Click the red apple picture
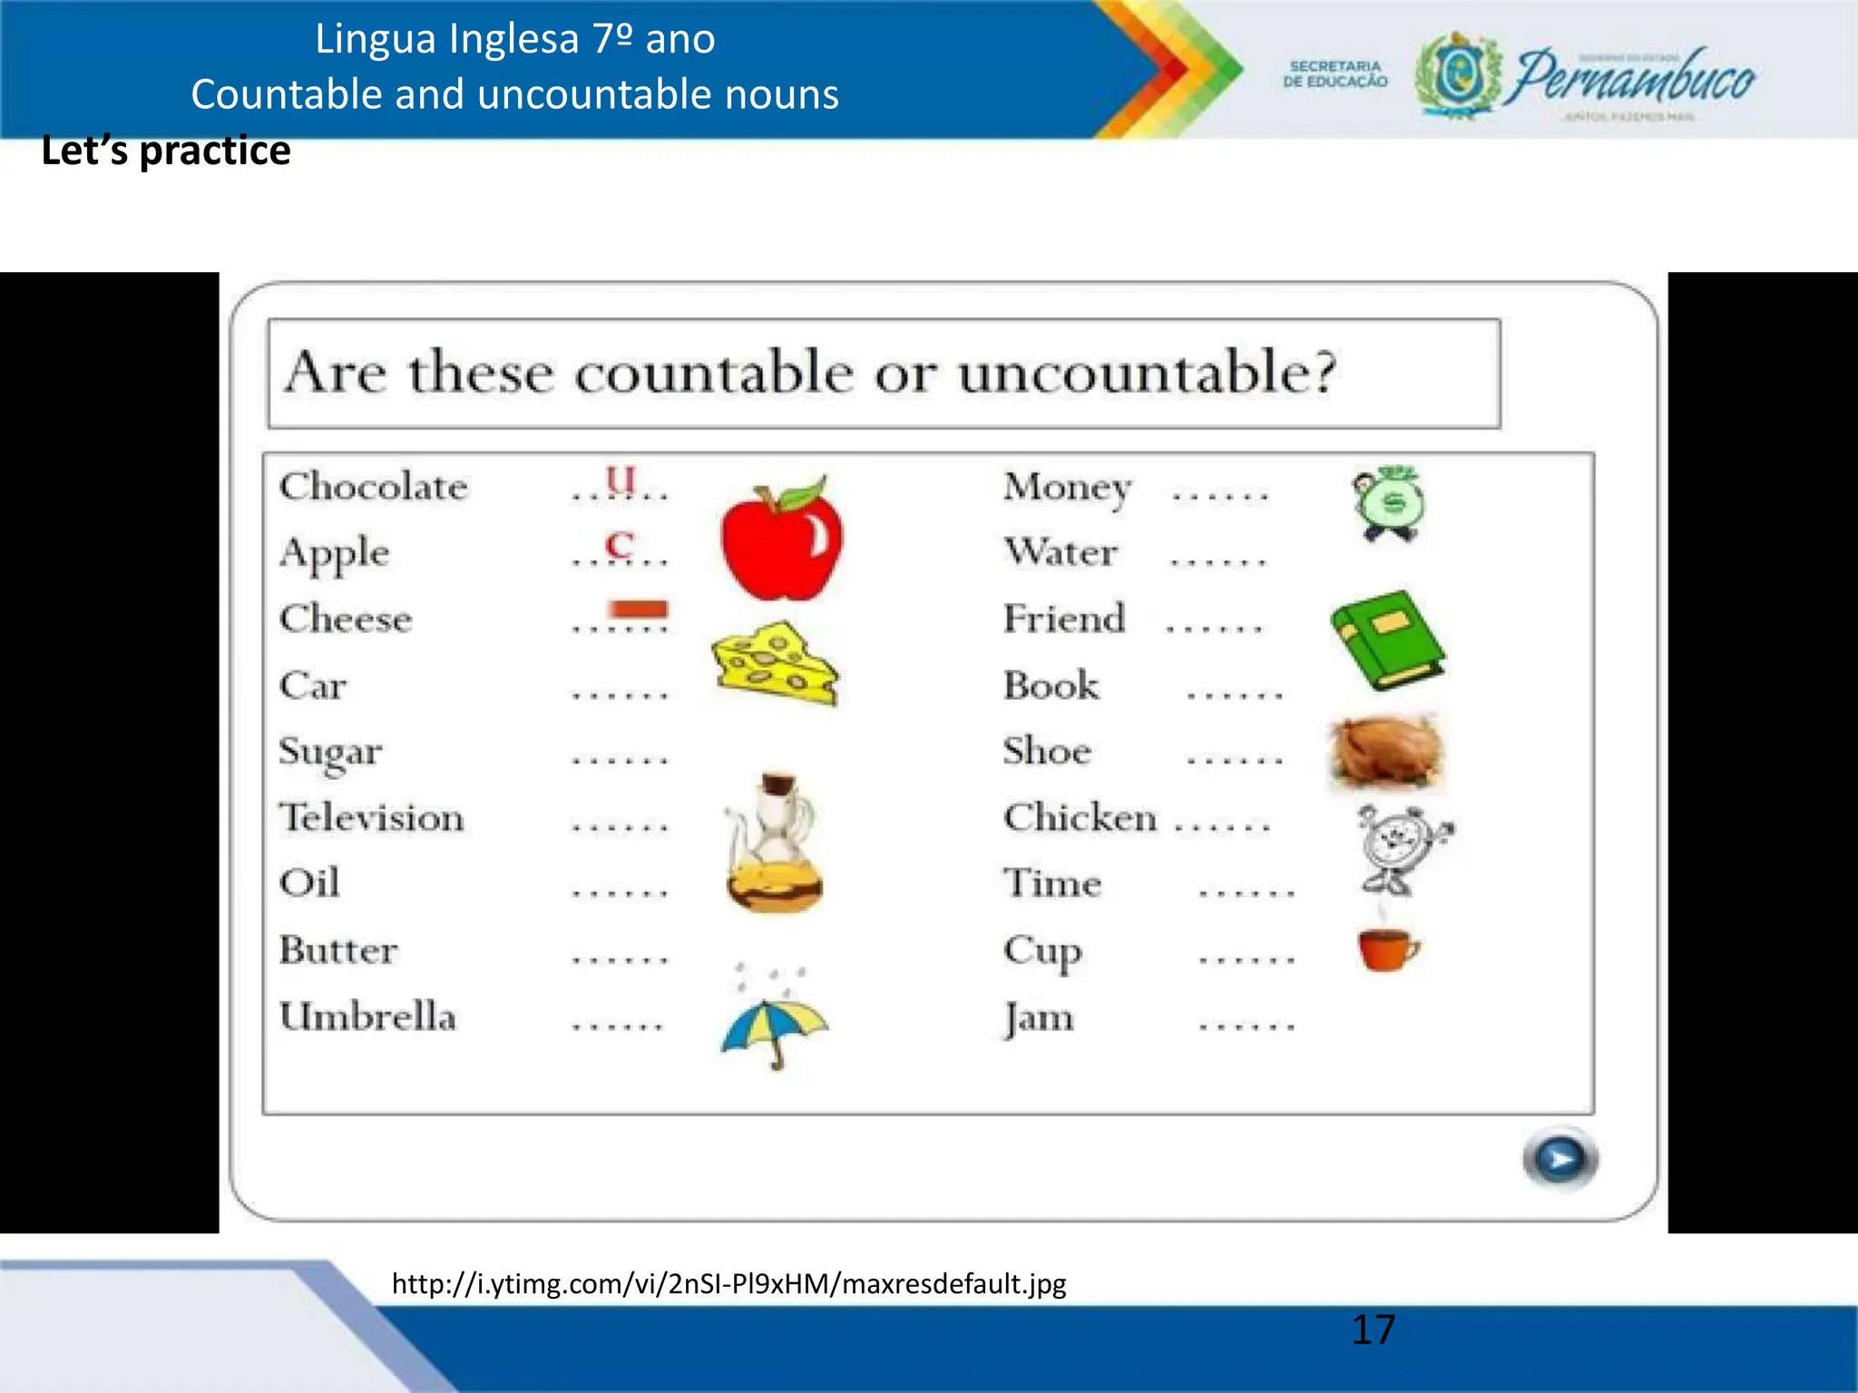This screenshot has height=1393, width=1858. (x=781, y=539)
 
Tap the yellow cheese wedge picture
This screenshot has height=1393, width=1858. (x=775, y=663)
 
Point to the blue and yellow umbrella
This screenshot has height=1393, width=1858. (x=775, y=1029)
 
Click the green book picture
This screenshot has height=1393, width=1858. (x=1387, y=639)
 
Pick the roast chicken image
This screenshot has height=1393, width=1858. (x=1385, y=750)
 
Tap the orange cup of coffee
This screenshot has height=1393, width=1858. (x=1387, y=948)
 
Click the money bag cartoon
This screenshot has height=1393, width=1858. (x=1387, y=503)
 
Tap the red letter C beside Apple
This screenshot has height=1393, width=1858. (x=620, y=545)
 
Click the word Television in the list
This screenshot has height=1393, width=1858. (x=372, y=817)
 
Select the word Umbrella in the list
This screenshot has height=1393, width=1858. (x=367, y=1017)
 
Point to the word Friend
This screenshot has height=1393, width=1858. (x=1064, y=619)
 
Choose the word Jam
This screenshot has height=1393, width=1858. (x=1039, y=1018)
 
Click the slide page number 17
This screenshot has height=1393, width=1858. (x=1373, y=1330)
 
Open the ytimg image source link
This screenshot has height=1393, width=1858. (x=729, y=1283)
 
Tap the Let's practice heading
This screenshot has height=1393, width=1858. (x=166, y=151)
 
